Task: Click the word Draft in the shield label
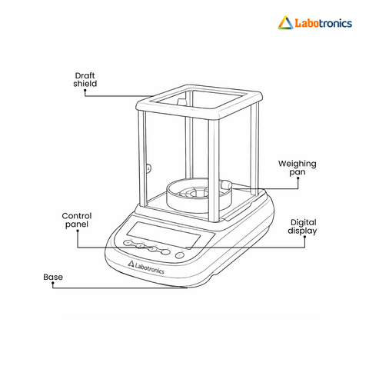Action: (x=85, y=75)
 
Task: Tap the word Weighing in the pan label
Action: (x=298, y=164)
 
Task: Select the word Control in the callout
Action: (x=77, y=216)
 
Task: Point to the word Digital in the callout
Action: (x=304, y=222)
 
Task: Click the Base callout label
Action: (x=53, y=277)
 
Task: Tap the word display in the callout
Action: (x=302, y=231)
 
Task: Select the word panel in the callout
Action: (x=77, y=224)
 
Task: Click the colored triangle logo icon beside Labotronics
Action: (x=285, y=22)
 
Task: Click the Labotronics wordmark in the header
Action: (x=324, y=23)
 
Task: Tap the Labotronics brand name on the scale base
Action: (x=149, y=268)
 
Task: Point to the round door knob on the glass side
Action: (x=148, y=168)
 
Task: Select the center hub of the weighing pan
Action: (x=194, y=191)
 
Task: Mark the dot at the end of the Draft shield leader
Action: (x=85, y=90)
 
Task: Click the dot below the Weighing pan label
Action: (x=298, y=178)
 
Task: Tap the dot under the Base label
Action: (x=53, y=283)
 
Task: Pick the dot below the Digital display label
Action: (x=304, y=237)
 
